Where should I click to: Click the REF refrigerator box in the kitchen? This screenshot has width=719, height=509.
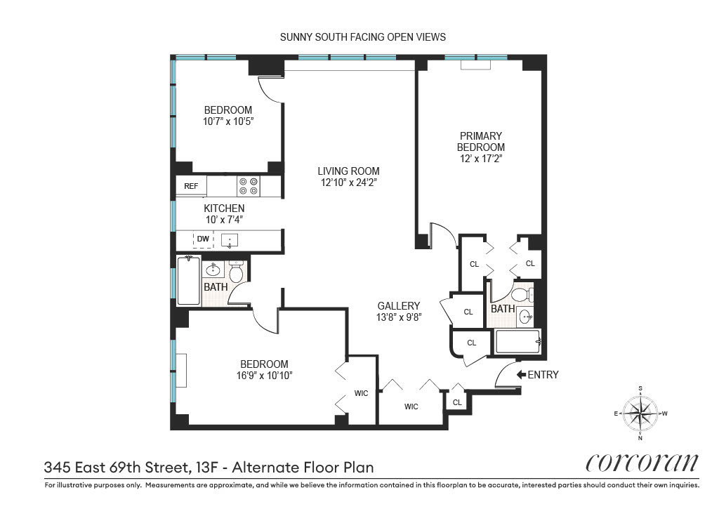(192, 186)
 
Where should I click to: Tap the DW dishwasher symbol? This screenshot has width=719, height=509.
(203, 239)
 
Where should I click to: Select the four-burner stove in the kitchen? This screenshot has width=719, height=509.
(248, 185)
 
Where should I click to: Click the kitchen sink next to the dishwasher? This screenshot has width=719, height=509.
(230, 241)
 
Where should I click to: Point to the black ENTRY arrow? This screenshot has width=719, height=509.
(521, 375)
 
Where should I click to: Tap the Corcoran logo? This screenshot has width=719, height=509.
(642, 462)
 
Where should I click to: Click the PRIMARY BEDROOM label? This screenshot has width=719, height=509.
(481, 141)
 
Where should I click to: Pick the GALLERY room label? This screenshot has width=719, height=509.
(398, 305)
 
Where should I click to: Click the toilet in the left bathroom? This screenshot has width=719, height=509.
(236, 272)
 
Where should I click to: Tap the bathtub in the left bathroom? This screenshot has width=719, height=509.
(188, 281)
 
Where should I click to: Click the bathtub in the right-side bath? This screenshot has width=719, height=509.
(517, 342)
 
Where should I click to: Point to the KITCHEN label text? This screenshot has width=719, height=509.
(224, 209)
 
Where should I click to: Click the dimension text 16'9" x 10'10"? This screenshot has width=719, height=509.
(264, 376)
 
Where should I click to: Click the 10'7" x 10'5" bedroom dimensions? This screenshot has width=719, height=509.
(227, 121)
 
